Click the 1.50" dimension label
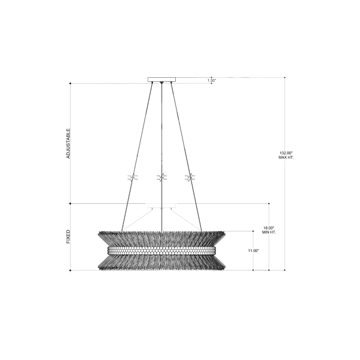pos(212,80)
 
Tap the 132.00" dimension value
pos(286,153)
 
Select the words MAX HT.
pos(286,158)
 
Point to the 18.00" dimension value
pos(269,228)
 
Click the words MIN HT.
pos(269,232)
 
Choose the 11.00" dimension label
pos(253,251)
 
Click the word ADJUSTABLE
pos(68,143)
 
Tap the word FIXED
pos(68,237)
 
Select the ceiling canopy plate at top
pos(162,80)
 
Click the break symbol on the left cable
pos(132,177)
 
